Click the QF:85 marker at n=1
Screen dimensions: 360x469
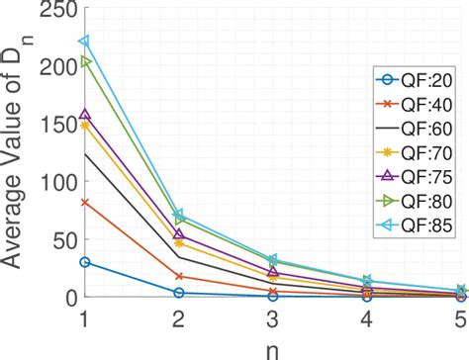click(x=85, y=42)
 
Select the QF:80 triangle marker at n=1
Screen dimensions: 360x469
click(x=85, y=61)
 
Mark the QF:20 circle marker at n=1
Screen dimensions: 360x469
click(x=85, y=262)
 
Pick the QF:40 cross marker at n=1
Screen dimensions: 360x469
click(x=85, y=202)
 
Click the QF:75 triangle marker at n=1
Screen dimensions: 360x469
click(x=85, y=115)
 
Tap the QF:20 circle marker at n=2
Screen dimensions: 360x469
click(x=179, y=293)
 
